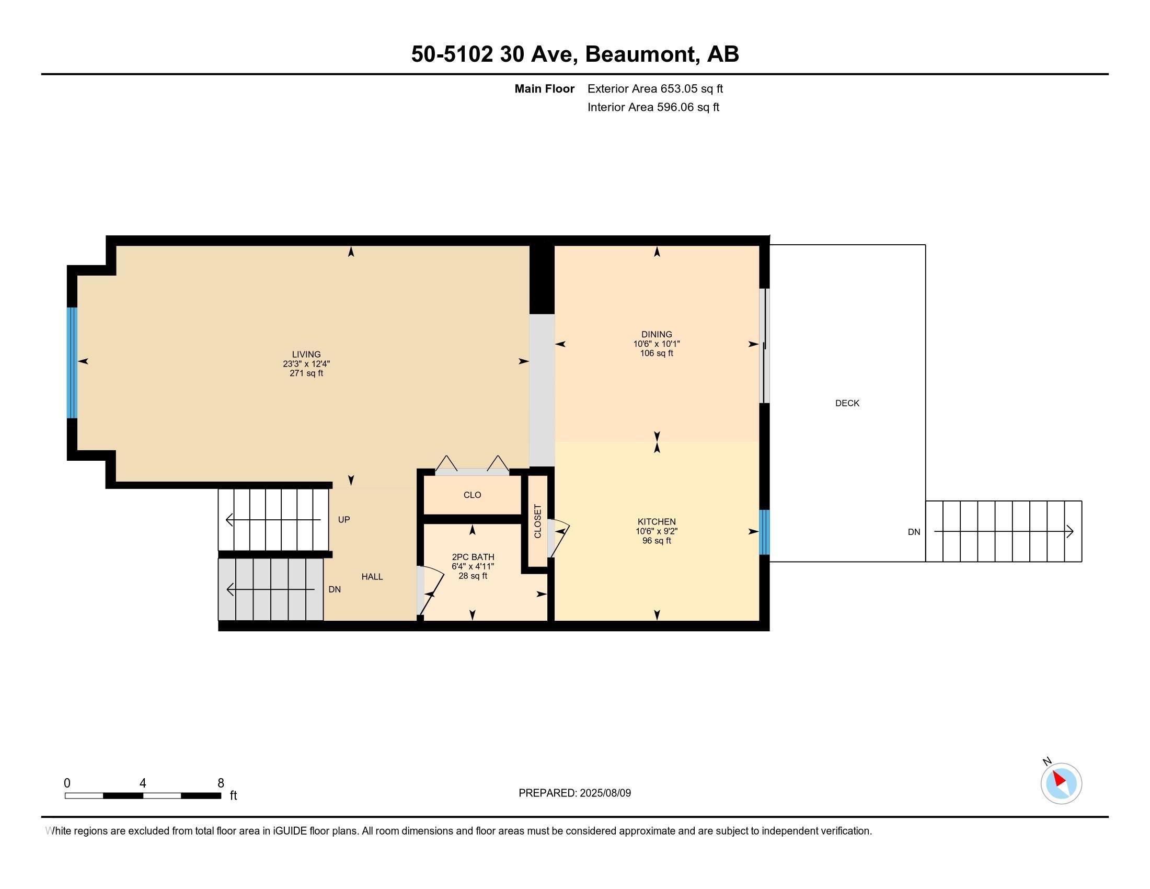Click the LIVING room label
tap(306, 355)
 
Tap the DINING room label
tap(657, 335)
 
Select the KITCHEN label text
tap(657, 522)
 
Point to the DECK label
tap(847, 403)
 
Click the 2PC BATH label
tap(473, 557)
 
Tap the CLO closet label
tap(473, 495)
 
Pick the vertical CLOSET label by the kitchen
tap(537, 521)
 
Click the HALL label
tap(372, 577)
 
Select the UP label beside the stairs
tap(344, 520)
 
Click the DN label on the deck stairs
tap(914, 532)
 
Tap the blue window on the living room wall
tap(72, 363)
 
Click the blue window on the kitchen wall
tap(764, 532)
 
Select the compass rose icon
tap(1061, 783)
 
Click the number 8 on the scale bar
tap(221, 783)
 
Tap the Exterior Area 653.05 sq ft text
tap(655, 89)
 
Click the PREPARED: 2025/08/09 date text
tap(574, 793)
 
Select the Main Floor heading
tap(545, 89)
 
